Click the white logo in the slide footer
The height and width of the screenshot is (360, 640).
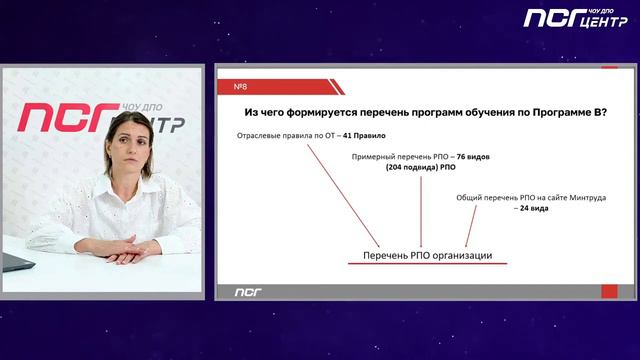247,291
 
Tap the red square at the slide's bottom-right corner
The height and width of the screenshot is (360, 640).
609,291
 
